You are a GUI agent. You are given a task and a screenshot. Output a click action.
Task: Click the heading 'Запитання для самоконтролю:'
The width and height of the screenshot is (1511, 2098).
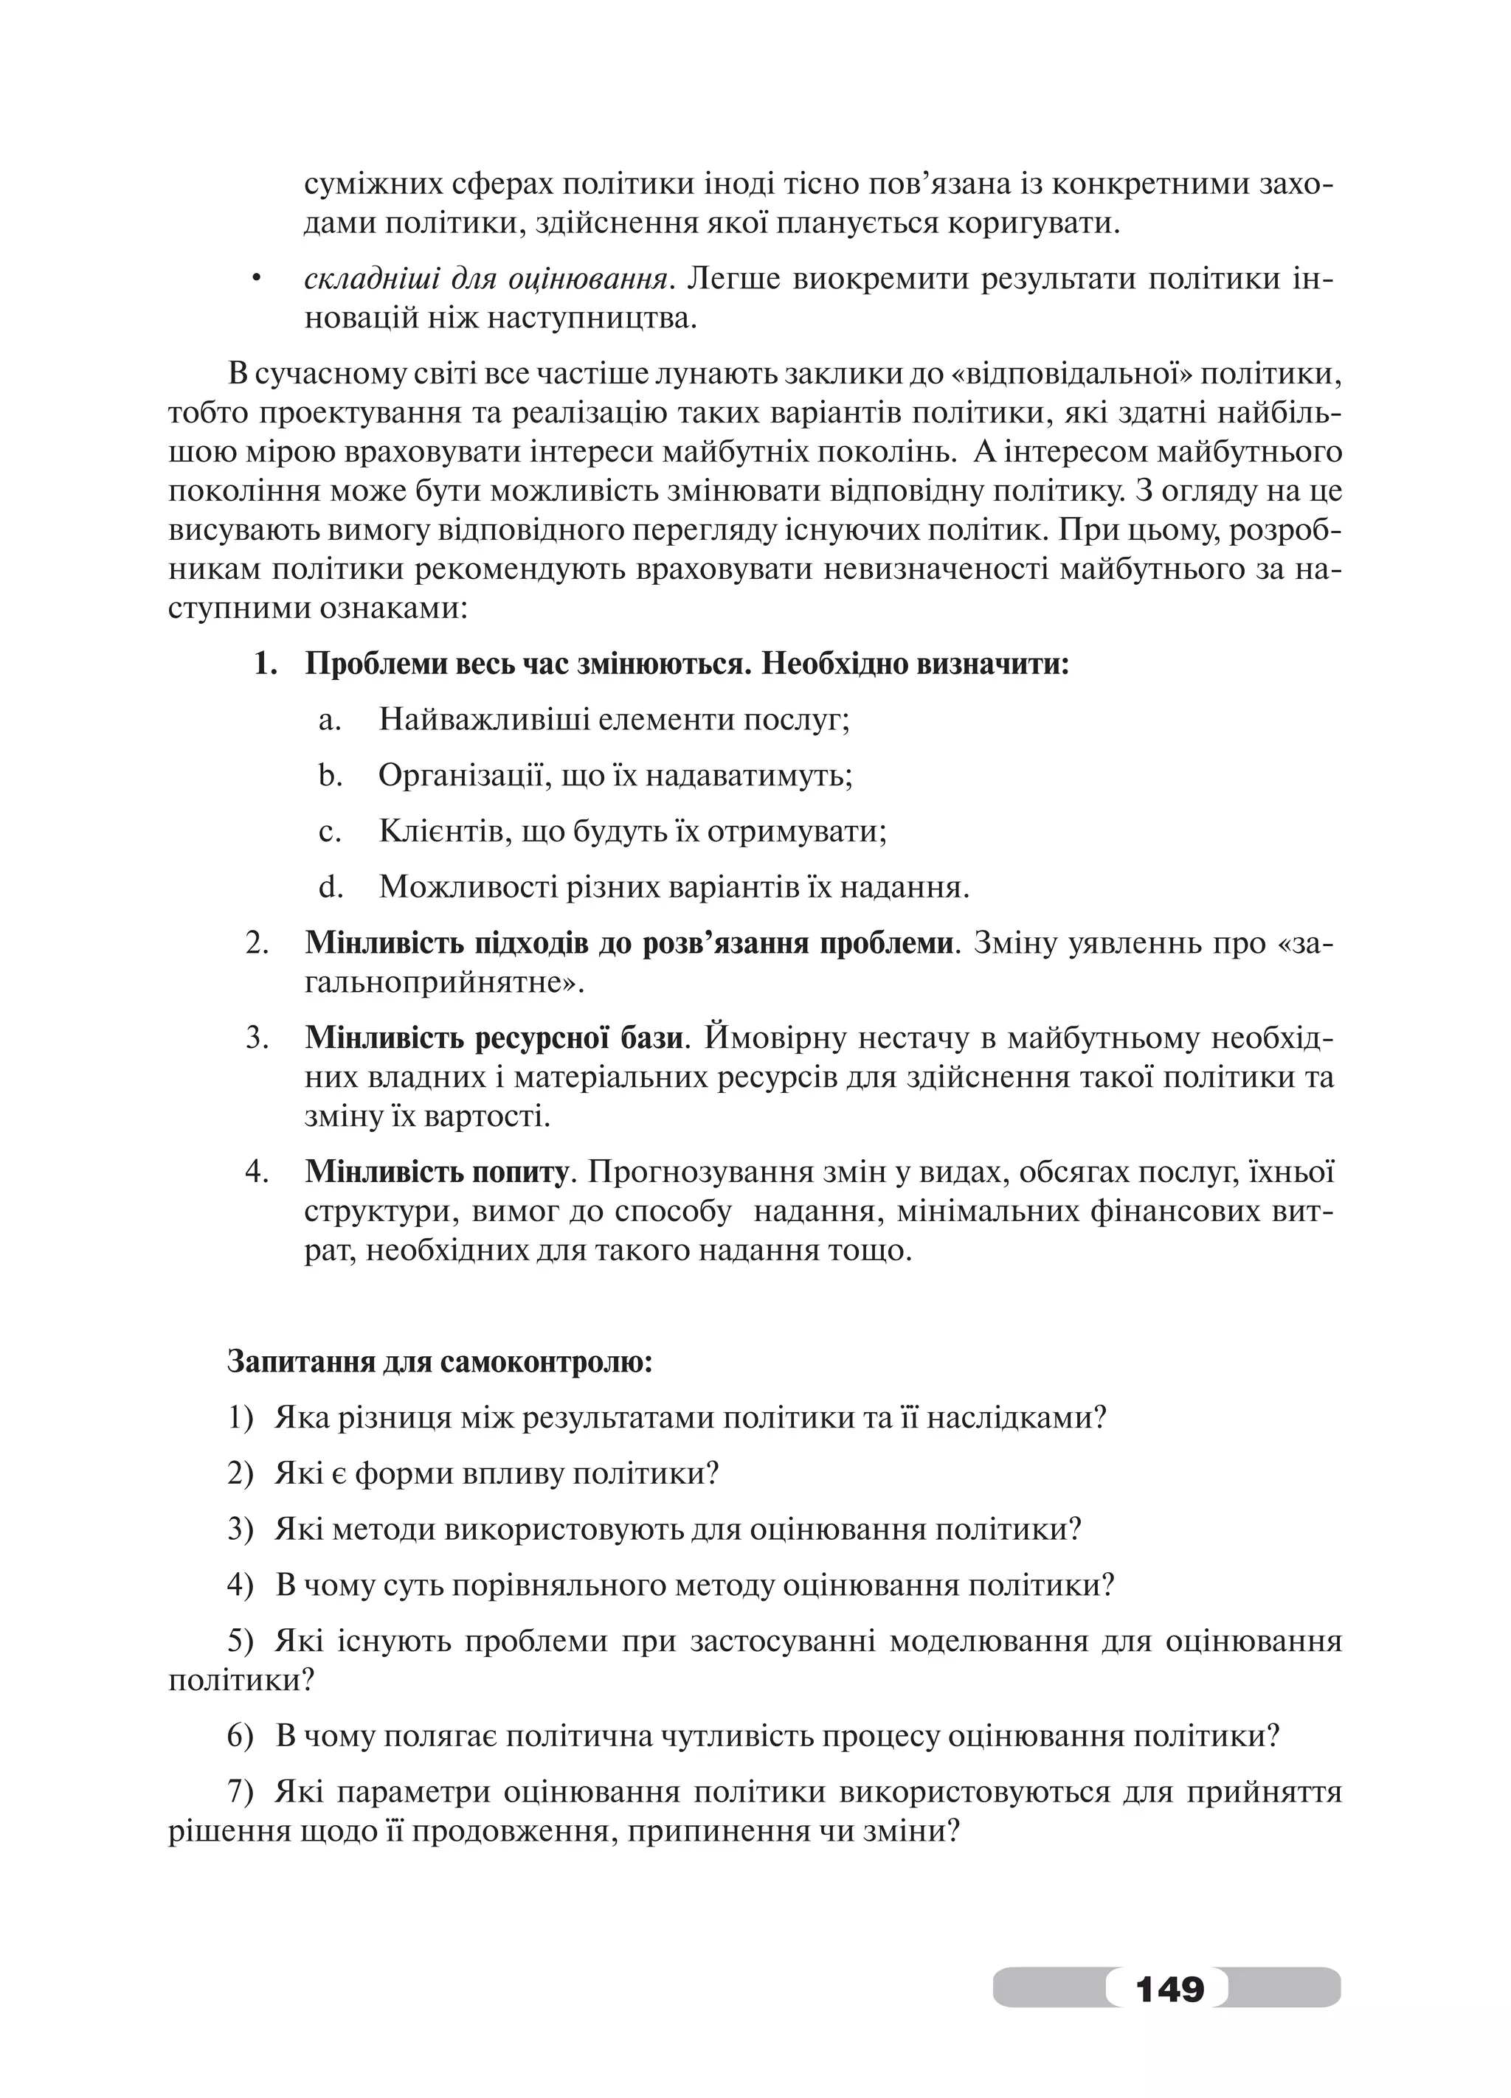tap(440, 1361)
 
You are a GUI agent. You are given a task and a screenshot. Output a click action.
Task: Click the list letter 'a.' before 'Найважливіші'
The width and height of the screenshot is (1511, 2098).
tap(329, 720)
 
